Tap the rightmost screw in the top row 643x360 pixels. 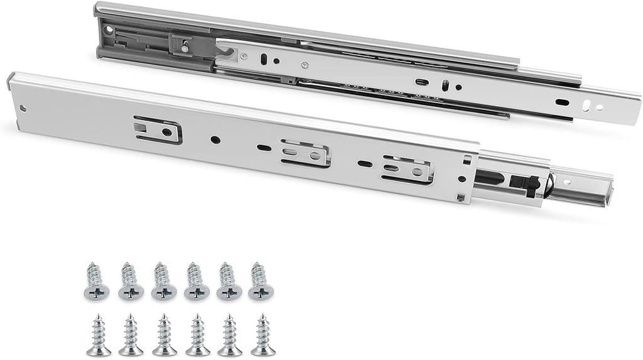point(260,281)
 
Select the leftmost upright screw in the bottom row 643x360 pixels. point(99,335)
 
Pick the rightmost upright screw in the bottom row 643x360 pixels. point(262,335)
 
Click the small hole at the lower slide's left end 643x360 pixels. point(24,107)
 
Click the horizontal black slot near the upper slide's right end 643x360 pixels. point(563,102)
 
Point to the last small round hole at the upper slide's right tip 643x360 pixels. point(600,107)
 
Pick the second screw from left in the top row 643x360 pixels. point(131,281)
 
